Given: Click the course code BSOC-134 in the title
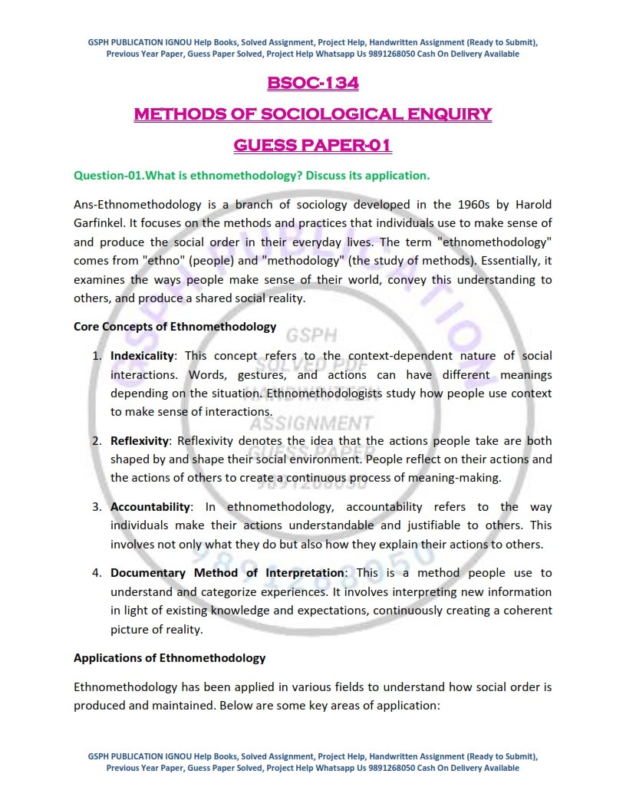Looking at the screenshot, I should click(x=313, y=83).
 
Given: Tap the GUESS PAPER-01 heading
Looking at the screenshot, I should click(x=313, y=144).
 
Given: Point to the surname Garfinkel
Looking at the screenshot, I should click(x=103, y=224).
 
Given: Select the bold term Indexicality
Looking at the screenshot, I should click(x=143, y=356).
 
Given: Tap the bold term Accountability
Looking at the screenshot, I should click(x=150, y=507).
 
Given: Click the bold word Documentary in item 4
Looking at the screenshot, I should click(x=147, y=573).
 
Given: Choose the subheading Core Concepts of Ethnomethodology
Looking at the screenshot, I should click(x=175, y=327).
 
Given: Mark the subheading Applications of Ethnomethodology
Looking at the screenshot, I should click(x=170, y=658).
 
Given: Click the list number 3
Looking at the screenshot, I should click(x=97, y=507).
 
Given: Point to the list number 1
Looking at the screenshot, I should click(x=97, y=356).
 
